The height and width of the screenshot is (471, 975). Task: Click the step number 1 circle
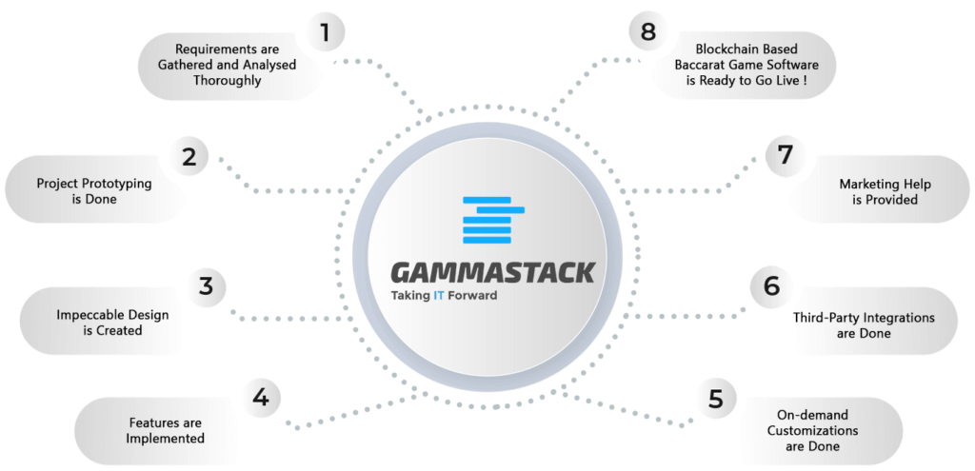point(324,32)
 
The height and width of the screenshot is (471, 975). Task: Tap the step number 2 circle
point(189,157)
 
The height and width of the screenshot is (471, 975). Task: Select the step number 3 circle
point(207,286)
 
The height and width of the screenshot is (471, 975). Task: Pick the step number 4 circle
point(261,397)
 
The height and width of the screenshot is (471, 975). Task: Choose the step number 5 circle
point(716,398)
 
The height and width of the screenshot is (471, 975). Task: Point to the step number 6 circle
point(770,286)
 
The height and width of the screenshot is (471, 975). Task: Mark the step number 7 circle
point(786,155)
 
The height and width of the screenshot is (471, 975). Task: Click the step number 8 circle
point(647,31)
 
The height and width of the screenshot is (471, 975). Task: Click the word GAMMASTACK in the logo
point(492,272)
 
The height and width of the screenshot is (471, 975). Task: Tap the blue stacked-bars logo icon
point(494,220)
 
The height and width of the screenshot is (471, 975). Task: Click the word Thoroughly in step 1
point(227,80)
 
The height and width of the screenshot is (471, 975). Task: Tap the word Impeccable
point(87,315)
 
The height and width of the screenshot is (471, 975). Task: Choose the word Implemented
point(165,438)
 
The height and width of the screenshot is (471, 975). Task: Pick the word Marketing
point(866,184)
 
